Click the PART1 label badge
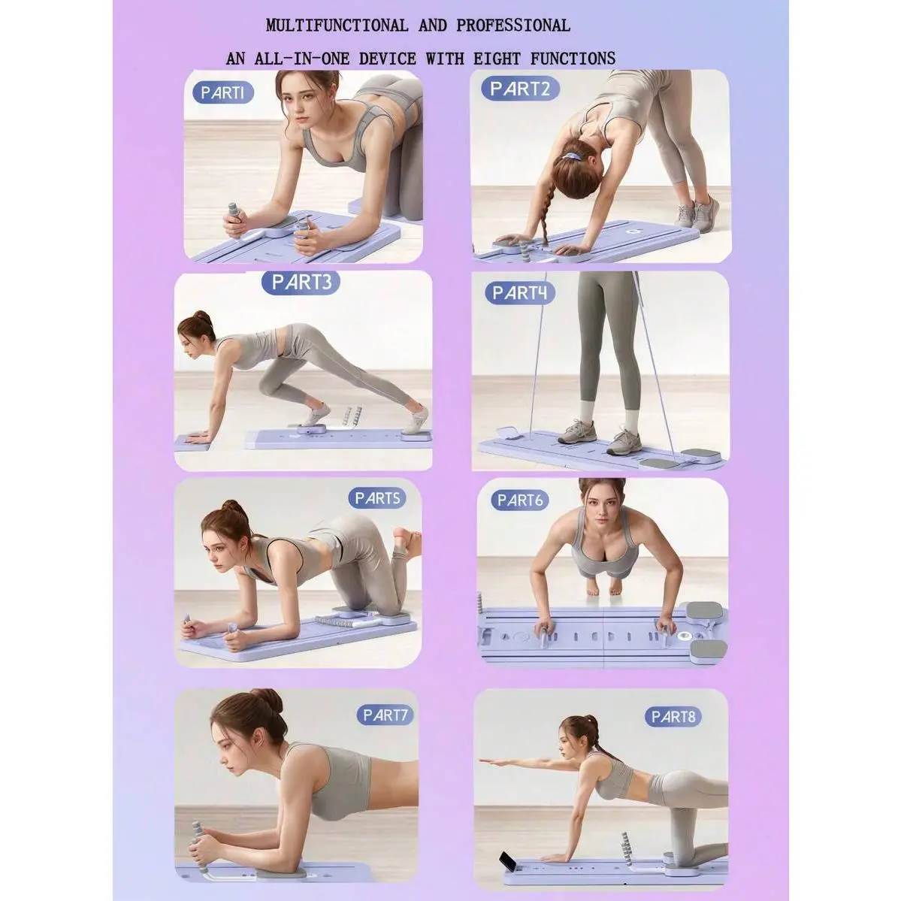tap(223, 92)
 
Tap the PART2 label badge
tap(520, 89)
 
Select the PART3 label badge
tap(301, 282)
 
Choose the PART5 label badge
tap(377, 498)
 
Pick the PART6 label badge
tap(519, 500)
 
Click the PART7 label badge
tap(385, 715)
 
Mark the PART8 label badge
tap(673, 717)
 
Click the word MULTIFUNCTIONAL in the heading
tap(337, 26)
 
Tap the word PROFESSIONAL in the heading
tap(513, 26)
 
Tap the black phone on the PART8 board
tap(509, 860)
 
